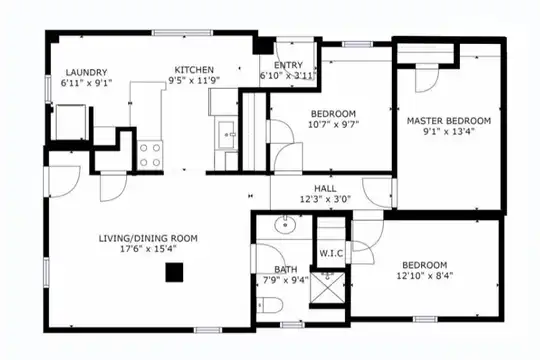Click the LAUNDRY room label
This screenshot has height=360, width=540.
coord(86,72)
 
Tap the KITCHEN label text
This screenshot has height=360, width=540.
coord(194,70)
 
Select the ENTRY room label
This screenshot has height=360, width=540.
coord(288,65)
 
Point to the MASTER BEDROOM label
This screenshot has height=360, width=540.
coord(449,121)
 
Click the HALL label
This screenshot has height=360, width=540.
coord(325,188)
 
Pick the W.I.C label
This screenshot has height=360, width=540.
coord(331,254)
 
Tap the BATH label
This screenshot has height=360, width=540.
coord(286,269)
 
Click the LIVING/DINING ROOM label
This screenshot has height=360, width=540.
coord(148,238)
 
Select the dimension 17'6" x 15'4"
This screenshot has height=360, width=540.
coord(148,249)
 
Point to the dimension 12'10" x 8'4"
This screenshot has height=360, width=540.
coord(425,276)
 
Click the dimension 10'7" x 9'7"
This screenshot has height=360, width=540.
coord(333,124)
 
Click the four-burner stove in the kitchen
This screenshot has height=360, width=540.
coord(150,155)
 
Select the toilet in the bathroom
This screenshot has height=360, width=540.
coord(270,305)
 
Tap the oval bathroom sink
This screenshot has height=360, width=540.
coord(285,225)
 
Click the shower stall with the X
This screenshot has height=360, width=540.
coord(327,288)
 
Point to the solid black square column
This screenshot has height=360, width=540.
coord(174,272)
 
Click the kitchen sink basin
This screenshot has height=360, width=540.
coord(226,134)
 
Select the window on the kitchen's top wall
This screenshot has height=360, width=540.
coord(183,33)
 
